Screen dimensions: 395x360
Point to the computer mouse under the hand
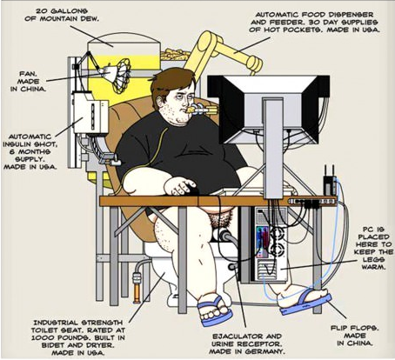pyautogui.click(x=193, y=190)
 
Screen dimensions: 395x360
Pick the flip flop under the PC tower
pyautogui.click(x=306, y=302)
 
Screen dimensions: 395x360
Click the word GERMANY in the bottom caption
pyautogui.click(x=264, y=351)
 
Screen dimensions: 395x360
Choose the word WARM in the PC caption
pyautogui.click(x=373, y=267)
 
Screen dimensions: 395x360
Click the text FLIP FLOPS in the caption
pyautogui.click(x=354, y=328)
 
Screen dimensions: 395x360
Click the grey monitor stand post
pyautogui.click(x=273, y=148)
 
